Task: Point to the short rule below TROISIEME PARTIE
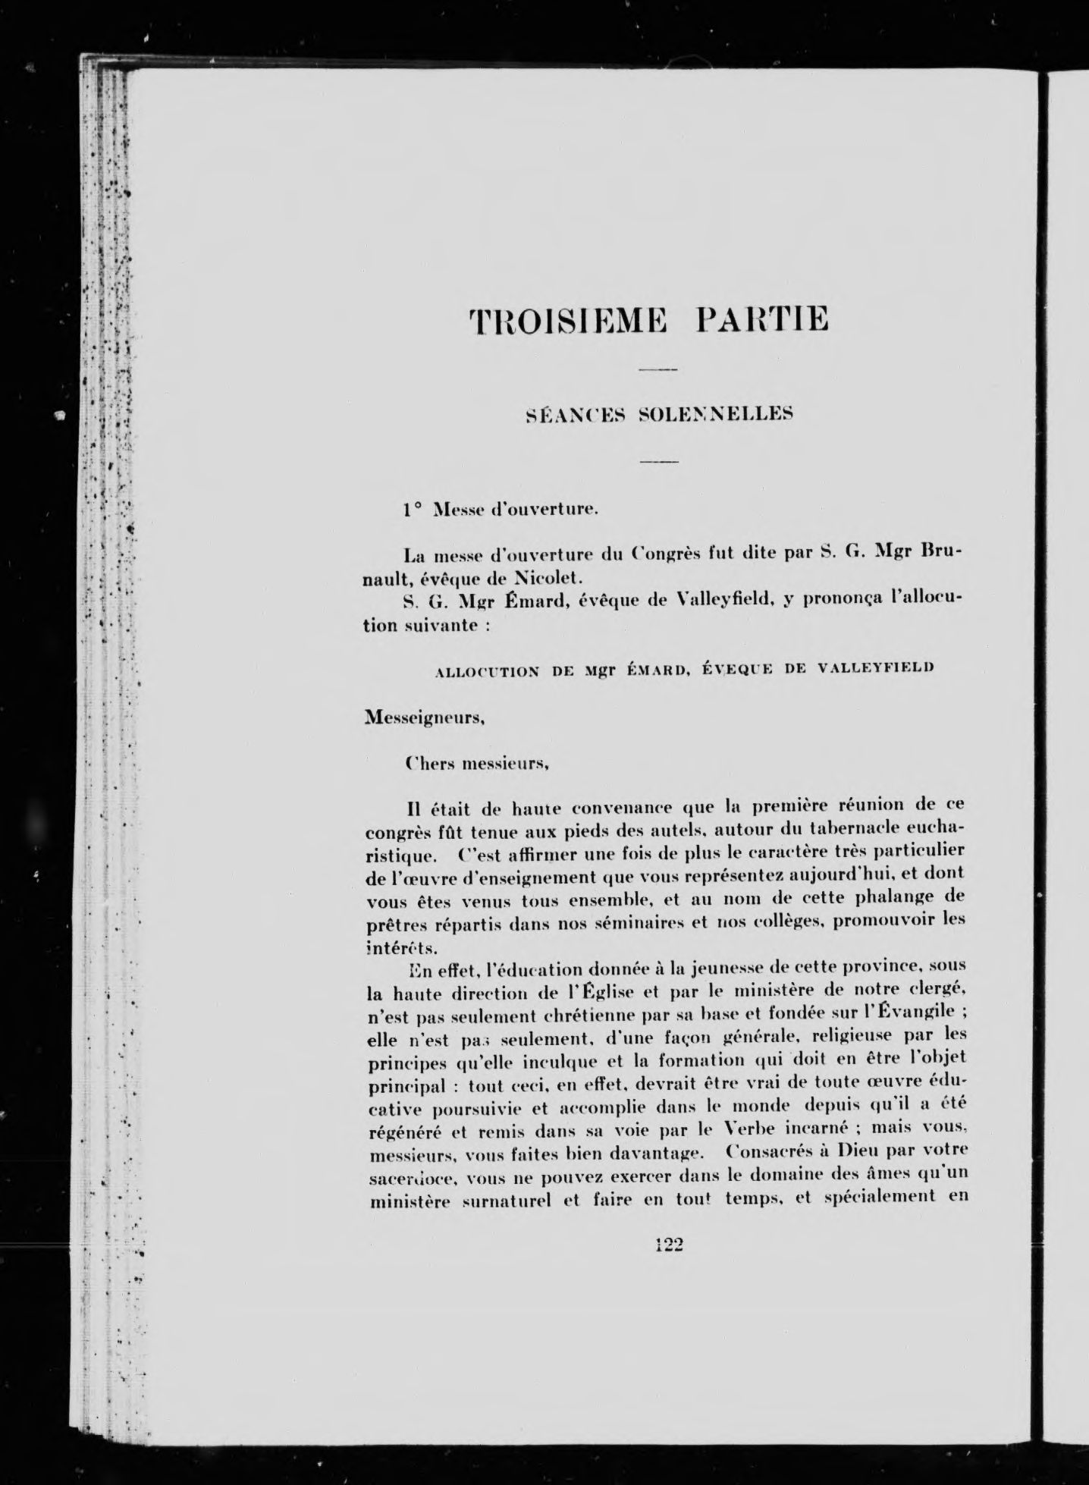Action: point(657,369)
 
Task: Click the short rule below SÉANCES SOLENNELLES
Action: point(657,462)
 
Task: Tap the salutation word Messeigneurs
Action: point(425,717)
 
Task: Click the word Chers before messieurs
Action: point(429,765)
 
